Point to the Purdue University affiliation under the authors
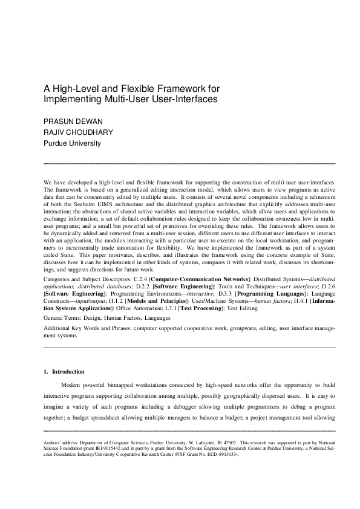[71, 144]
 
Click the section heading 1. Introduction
[64, 371]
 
